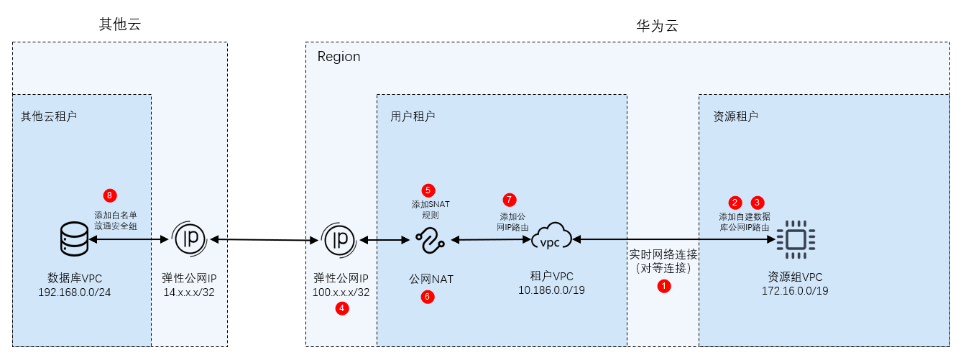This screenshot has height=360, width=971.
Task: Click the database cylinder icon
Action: (x=73, y=239)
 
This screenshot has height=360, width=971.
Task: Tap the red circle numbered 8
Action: (x=110, y=195)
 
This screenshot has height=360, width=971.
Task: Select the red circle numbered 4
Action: (x=342, y=308)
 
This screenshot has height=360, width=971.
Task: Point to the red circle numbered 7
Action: (x=510, y=199)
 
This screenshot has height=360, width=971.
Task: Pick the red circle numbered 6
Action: (x=428, y=296)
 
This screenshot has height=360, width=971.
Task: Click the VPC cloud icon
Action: (x=550, y=239)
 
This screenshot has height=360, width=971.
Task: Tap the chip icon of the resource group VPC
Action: (x=795, y=239)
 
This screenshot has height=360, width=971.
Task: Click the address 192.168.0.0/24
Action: (x=75, y=292)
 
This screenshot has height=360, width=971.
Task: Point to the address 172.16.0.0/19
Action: (x=795, y=290)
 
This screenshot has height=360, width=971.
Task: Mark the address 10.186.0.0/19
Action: (x=551, y=290)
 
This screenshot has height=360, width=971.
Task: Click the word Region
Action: (x=339, y=57)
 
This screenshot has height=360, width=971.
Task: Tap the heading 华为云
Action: (x=657, y=26)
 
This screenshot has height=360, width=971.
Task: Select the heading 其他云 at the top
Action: (x=119, y=24)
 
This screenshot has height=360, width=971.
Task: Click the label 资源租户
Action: (x=735, y=116)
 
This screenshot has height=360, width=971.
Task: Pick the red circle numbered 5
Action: (x=428, y=190)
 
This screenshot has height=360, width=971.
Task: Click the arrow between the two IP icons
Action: (x=264, y=239)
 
